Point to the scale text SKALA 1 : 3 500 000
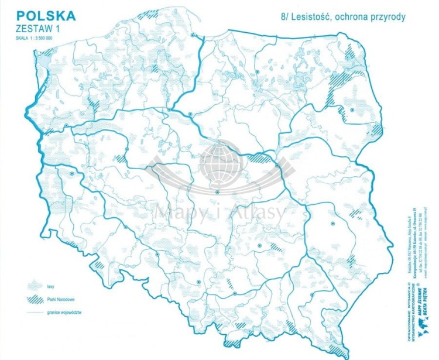(35, 37)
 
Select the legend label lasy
(55, 286)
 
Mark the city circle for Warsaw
(276, 166)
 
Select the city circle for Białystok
(352, 109)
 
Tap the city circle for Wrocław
(125, 227)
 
